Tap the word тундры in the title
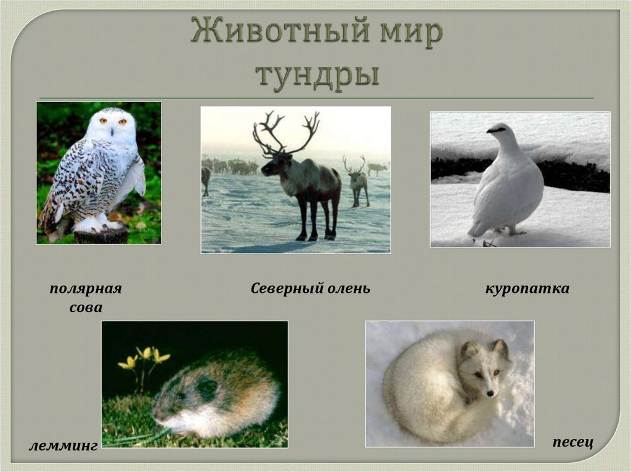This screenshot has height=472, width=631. (x=317, y=75)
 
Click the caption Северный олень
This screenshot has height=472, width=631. (x=311, y=289)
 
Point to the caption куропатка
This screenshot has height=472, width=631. (x=527, y=289)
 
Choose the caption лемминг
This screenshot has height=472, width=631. (x=63, y=446)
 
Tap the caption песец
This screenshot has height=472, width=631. (x=572, y=442)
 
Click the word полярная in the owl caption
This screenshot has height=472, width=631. (x=86, y=289)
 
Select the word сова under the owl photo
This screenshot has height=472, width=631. (x=86, y=308)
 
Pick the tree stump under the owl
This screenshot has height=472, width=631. (x=101, y=235)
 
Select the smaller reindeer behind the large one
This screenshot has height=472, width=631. (x=358, y=182)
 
